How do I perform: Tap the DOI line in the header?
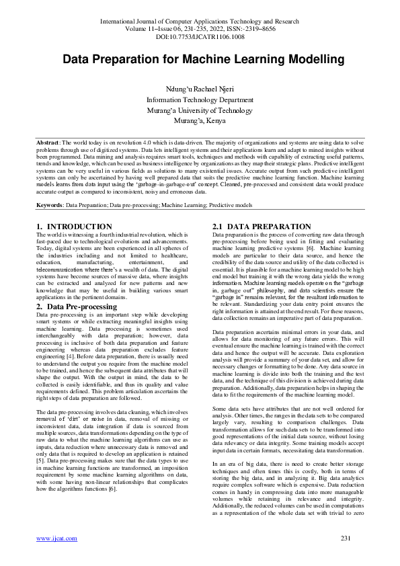(x=200, y=37)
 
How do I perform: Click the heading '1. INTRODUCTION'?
(x=74, y=227)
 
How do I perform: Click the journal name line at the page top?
(x=200, y=22)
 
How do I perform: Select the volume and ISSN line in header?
(x=200, y=29)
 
